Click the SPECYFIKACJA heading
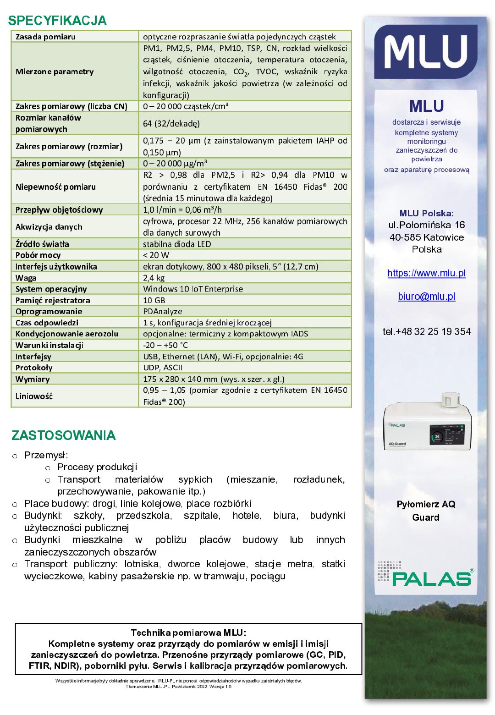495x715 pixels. (x=57, y=21)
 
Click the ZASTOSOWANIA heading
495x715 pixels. (x=64, y=435)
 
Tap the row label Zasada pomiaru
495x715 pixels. (x=45, y=37)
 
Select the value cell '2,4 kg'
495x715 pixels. (x=154, y=278)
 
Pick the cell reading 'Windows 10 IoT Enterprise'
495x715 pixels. (x=193, y=289)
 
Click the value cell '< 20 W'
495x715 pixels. (x=156, y=255)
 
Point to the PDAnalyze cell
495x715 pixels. (x=163, y=311)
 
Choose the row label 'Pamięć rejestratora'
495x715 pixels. (x=53, y=300)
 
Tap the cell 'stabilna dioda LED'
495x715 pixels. (x=177, y=244)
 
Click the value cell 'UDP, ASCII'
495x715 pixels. (x=163, y=368)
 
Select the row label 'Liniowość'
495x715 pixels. (x=34, y=396)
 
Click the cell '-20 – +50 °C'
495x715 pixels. (x=165, y=345)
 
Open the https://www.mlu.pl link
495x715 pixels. (x=426, y=273)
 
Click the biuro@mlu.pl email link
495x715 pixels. (x=426, y=297)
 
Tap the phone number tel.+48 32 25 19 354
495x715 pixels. (x=426, y=331)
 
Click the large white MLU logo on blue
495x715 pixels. (x=426, y=52)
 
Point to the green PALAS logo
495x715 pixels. (x=430, y=578)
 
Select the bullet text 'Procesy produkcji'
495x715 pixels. (x=97, y=467)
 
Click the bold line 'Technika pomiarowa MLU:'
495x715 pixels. (x=188, y=633)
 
